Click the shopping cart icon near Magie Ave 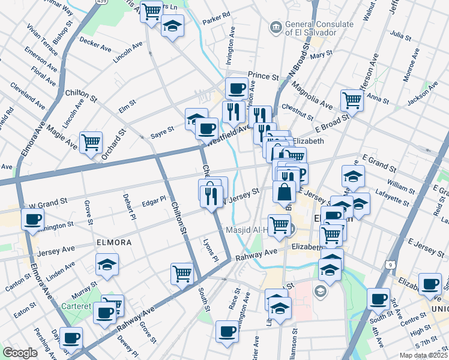(91, 143)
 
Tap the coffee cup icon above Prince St (237, 89)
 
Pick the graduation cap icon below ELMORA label (107, 264)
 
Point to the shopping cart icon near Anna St (352, 100)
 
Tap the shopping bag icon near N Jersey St (285, 192)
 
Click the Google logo (20, 353)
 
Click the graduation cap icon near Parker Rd (173, 26)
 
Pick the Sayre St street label (162, 129)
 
